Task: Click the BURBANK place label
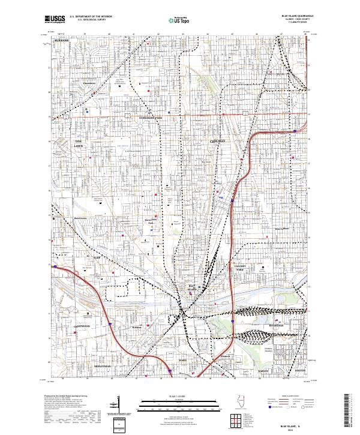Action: click(62, 40)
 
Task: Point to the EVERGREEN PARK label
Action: click(151, 118)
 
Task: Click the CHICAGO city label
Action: click(218, 140)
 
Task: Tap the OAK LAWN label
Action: click(79, 143)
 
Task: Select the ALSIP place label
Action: click(95, 256)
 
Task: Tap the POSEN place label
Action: click(184, 360)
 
